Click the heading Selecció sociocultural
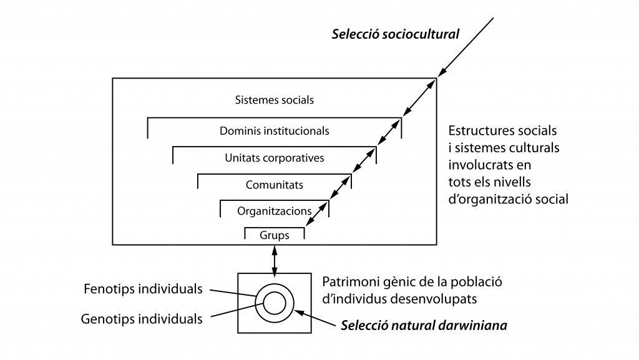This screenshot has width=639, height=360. click(396, 34)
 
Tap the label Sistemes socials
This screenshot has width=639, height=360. click(274, 100)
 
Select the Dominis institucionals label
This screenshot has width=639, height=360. click(274, 132)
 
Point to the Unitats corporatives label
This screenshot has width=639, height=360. click(274, 158)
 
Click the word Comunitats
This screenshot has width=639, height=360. click(274, 185)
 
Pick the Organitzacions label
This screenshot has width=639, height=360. click(274, 211)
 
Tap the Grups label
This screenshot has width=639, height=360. click(274, 236)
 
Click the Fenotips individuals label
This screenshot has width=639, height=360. click(142, 289)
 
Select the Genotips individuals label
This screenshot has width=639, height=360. click(142, 319)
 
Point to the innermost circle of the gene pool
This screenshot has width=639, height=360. click(274, 303)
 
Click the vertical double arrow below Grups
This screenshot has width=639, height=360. click(274, 260)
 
